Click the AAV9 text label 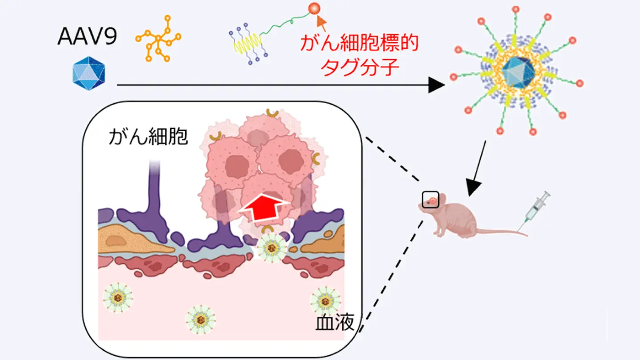87,37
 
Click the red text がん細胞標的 360,44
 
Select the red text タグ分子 360,69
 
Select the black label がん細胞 148,138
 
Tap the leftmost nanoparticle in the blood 117,297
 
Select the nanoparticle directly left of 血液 325,300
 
